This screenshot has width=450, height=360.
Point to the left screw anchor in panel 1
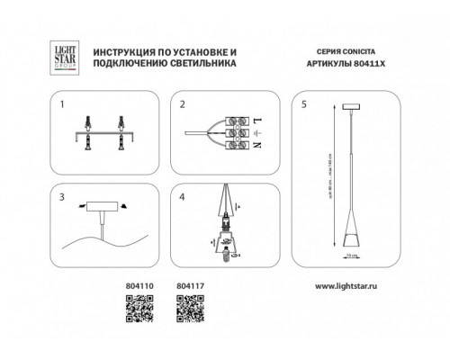click(92, 132)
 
